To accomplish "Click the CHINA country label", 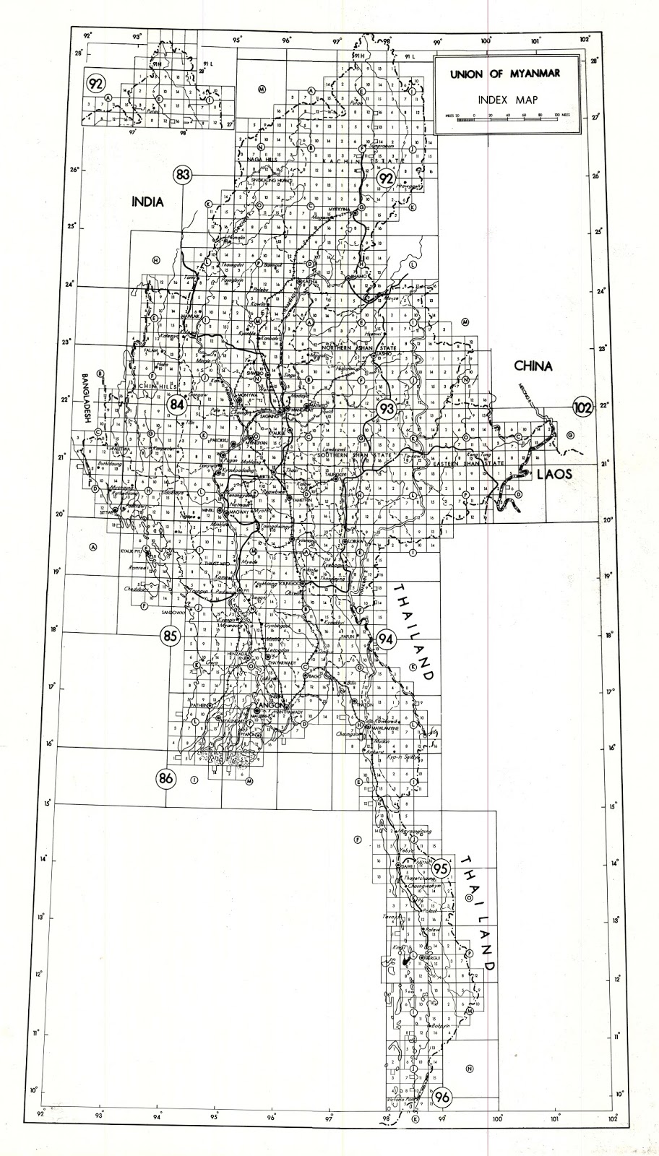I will (533, 366).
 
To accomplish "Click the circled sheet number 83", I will (183, 174).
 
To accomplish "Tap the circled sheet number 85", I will (170, 636).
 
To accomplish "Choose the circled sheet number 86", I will (166, 778).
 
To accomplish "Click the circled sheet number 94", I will (386, 639).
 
